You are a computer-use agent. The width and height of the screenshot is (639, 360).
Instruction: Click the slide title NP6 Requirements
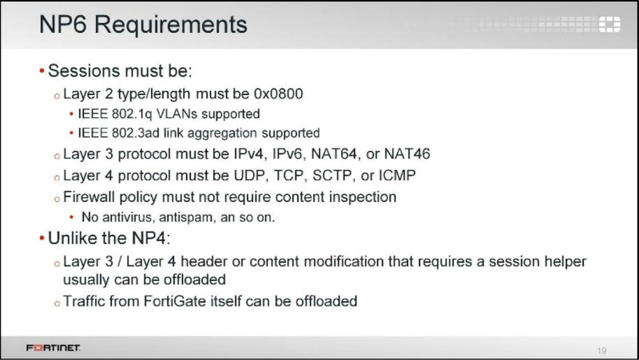143,25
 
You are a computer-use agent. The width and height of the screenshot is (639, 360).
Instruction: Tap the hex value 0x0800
278,93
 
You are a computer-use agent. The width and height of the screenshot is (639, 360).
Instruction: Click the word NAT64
334,154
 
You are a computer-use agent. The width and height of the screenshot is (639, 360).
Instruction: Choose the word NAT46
407,154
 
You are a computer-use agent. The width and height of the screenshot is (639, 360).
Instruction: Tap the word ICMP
397,176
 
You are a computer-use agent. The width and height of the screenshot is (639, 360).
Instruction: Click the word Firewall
89,196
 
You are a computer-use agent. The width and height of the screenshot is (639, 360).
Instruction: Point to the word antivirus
129,217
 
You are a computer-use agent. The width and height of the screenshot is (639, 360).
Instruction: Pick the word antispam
186,217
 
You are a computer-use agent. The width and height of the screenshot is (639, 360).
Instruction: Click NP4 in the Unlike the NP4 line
150,238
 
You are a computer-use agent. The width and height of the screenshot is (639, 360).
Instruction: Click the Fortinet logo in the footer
54,348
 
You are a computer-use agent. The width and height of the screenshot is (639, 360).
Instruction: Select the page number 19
601,350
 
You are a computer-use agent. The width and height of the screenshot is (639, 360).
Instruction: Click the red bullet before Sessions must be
42,71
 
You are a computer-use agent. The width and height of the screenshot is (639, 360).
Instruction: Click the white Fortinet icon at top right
609,25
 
